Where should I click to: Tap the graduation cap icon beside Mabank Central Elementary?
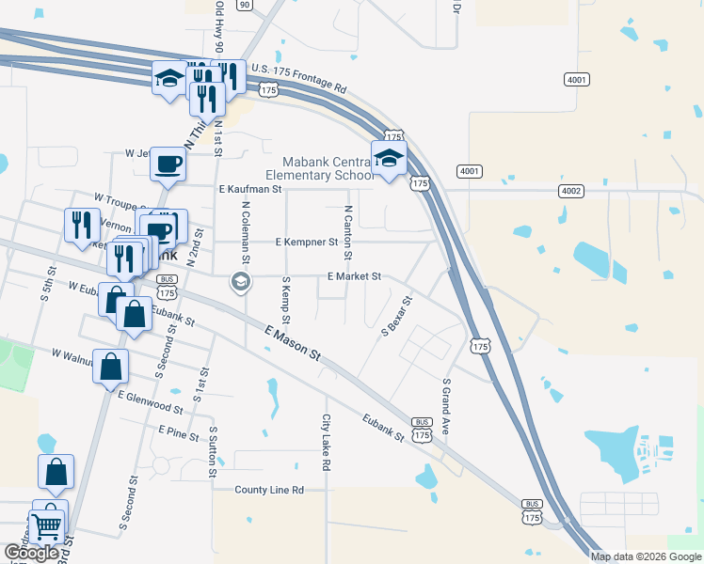(388, 159)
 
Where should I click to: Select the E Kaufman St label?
(250, 189)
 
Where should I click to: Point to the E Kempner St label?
(307, 242)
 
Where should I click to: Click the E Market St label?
(354, 276)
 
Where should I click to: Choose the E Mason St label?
(293, 344)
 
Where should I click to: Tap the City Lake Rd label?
(327, 443)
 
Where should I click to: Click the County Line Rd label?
(269, 490)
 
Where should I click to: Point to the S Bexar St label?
(396, 317)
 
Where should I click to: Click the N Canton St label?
(348, 232)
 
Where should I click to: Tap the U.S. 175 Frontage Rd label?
(298, 80)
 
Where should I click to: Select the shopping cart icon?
(48, 527)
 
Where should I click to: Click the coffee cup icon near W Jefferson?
(168, 164)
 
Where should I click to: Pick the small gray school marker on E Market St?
(240, 281)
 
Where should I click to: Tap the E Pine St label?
(179, 432)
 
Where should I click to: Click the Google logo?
(32, 553)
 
